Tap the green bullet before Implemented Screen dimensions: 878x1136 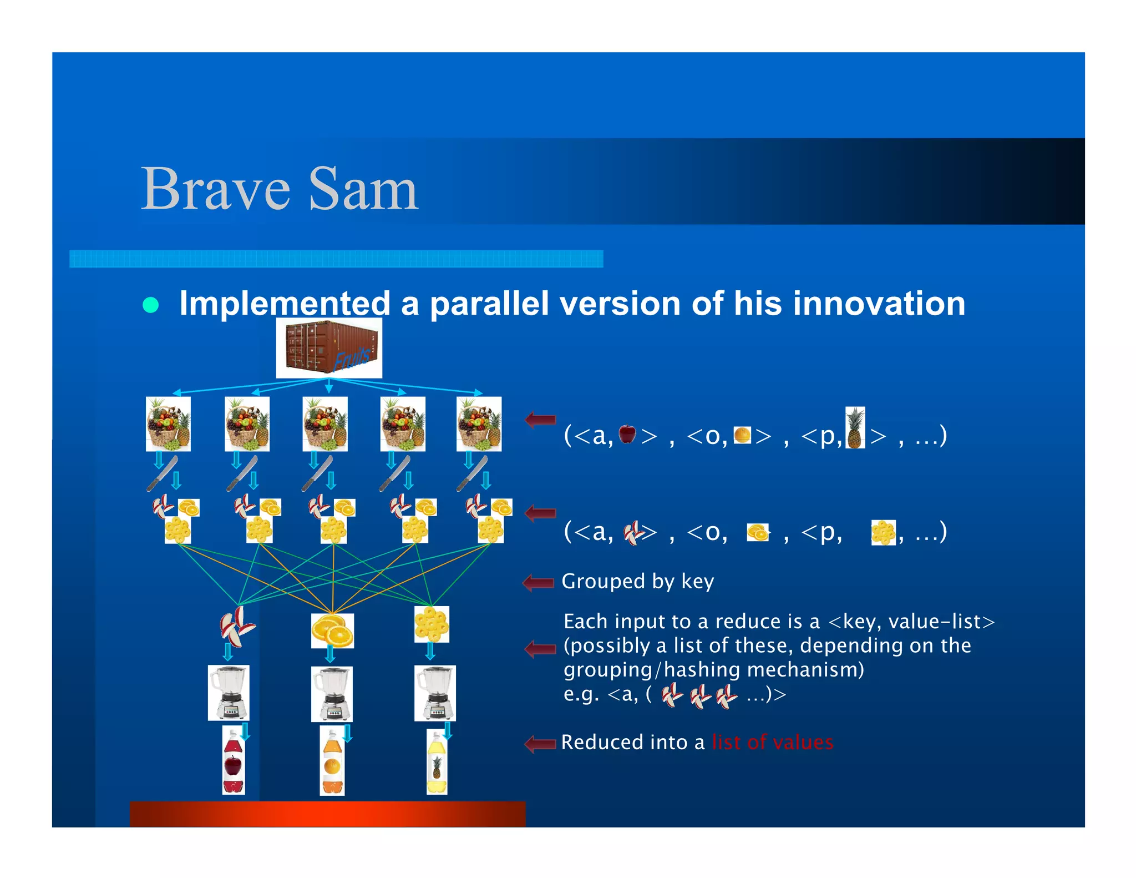pyautogui.click(x=151, y=305)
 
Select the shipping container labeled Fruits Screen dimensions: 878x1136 pyautogui.click(x=329, y=348)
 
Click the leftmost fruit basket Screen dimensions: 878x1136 pyautogui.click(x=168, y=423)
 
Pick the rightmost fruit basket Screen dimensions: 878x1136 pyautogui.click(x=479, y=423)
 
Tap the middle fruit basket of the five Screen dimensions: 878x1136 pyautogui.click(x=325, y=423)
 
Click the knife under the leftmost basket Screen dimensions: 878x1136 pyautogui.click(x=162, y=473)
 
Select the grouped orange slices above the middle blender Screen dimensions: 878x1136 pyautogui.click(x=332, y=630)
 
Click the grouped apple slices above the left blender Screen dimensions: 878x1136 pyautogui.click(x=237, y=626)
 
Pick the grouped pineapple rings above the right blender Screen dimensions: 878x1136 pyautogui.click(x=432, y=624)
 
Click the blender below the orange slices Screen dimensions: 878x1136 pyautogui.click(x=332, y=694)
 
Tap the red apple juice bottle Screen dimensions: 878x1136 pyautogui.click(x=233, y=760)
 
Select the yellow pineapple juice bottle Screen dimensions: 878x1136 pyautogui.click(x=437, y=761)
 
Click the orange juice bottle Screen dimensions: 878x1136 pyautogui.click(x=332, y=761)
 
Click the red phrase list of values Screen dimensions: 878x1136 pyautogui.click(x=772, y=742)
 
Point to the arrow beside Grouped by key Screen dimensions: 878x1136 pyautogui.click(x=538, y=582)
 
